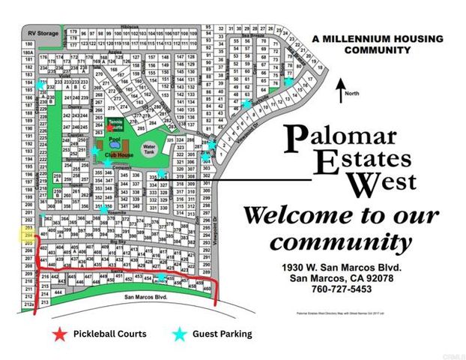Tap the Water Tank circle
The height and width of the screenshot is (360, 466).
click(149, 148)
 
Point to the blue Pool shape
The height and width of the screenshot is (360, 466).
click(114, 142)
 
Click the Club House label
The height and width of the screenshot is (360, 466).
click(118, 154)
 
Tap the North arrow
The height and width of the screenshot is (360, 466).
click(340, 91)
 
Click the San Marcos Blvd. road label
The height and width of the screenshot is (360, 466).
click(142, 297)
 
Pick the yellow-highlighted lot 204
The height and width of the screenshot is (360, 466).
click(28, 237)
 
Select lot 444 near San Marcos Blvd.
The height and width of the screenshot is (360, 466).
click(59, 292)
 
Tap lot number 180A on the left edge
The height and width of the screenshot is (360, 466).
click(28, 53)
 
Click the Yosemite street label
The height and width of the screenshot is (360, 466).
click(116, 212)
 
